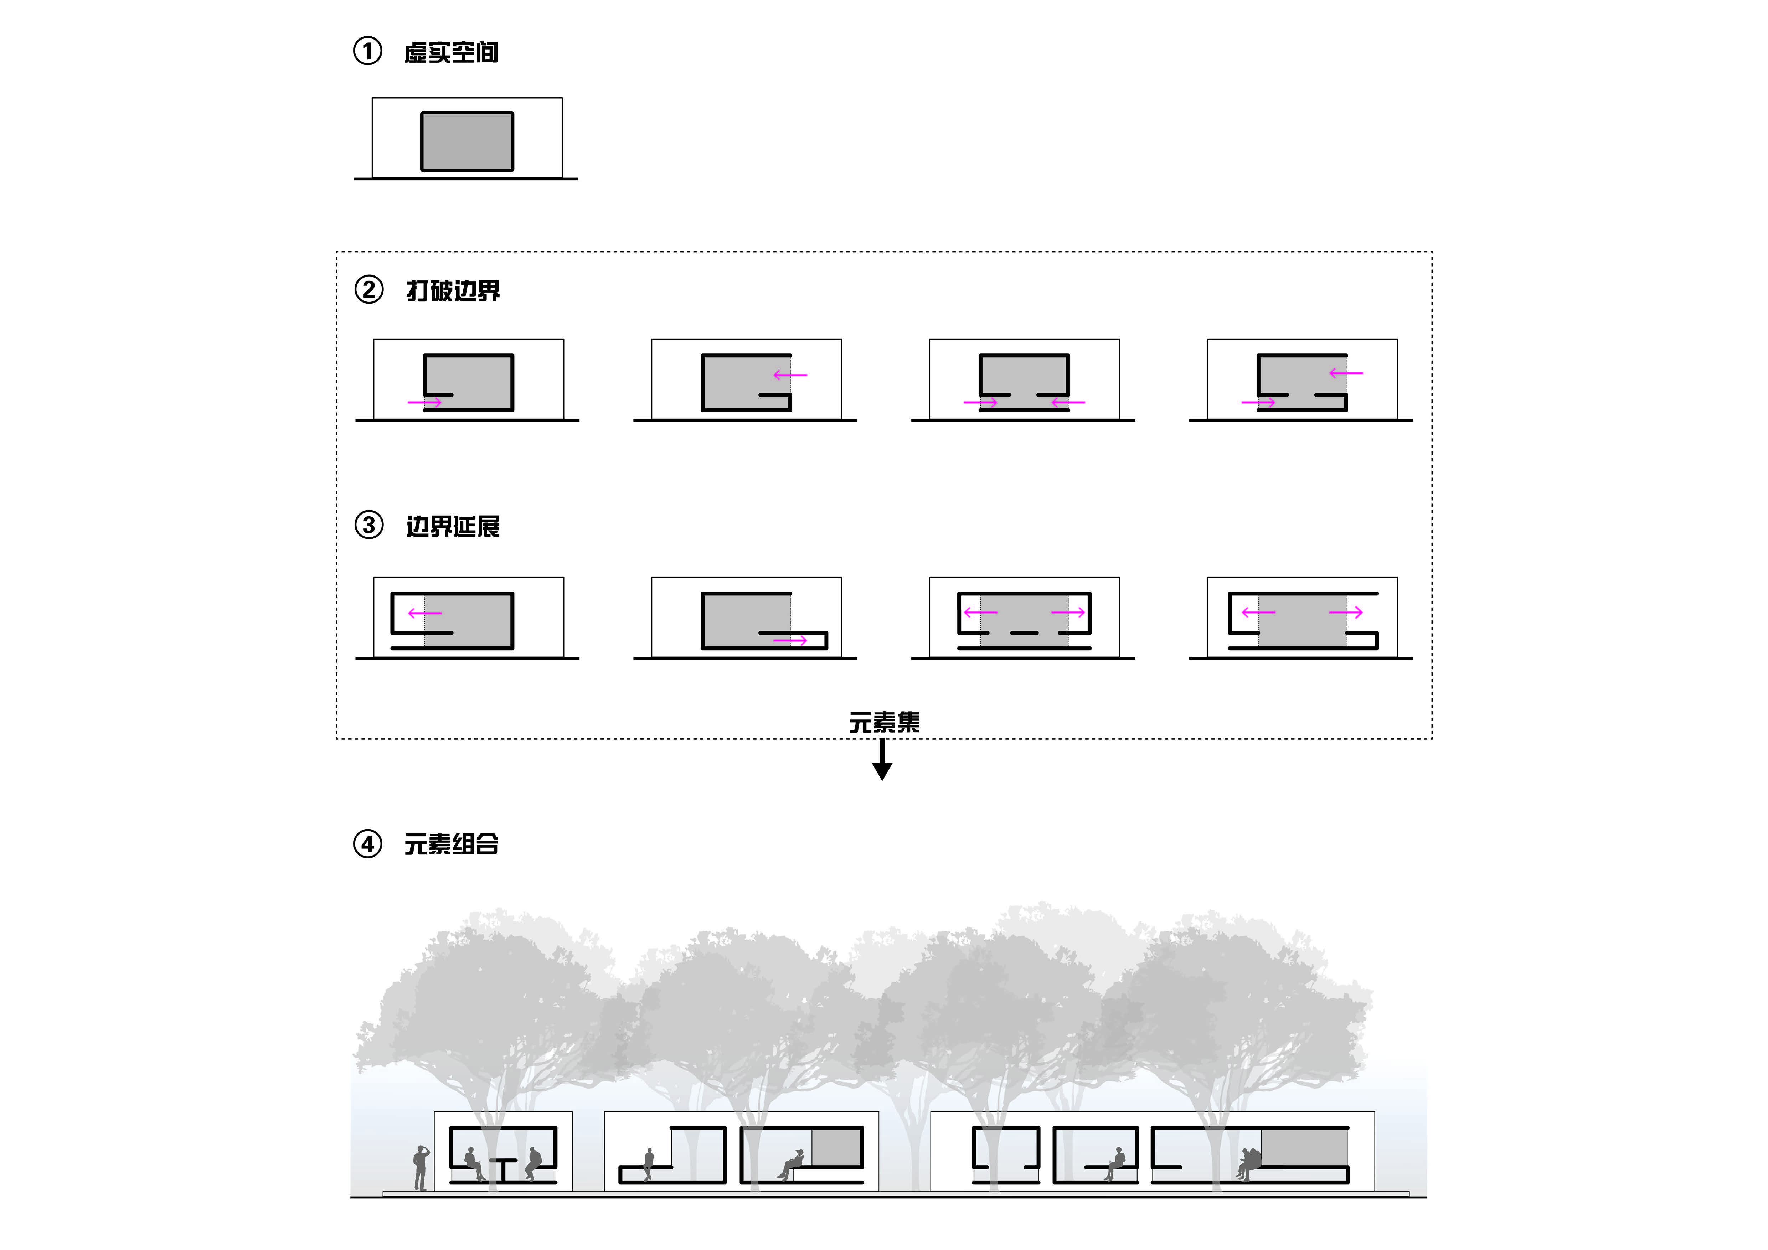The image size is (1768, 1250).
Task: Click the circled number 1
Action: (367, 52)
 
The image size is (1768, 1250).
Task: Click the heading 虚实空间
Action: (451, 52)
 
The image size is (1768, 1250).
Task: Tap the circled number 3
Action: (369, 526)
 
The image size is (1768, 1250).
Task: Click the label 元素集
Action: (884, 722)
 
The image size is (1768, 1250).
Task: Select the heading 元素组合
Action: (451, 844)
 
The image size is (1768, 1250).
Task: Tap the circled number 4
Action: (367, 844)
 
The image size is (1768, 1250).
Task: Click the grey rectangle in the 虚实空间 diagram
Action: (467, 141)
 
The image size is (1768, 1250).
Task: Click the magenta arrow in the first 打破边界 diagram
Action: (424, 402)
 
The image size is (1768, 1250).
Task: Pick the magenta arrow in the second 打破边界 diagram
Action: (790, 375)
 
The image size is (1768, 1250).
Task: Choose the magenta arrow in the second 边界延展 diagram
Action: (790, 640)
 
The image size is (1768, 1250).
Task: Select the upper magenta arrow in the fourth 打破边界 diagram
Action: (1346, 373)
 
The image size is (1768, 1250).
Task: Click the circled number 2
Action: (369, 290)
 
